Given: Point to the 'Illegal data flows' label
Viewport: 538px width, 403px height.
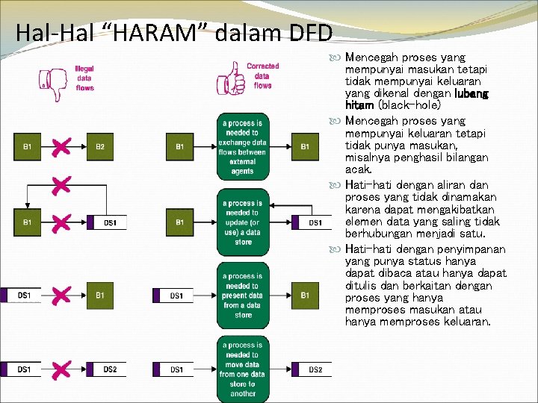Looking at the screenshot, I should pos(84,78).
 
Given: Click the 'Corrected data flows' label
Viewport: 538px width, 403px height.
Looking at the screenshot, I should pos(262,75).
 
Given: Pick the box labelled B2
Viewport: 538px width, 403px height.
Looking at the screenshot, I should pos(100,147).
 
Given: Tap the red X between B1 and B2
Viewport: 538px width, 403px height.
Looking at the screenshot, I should pos(63,147).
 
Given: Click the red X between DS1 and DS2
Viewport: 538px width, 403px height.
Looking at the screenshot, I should pos(63,369).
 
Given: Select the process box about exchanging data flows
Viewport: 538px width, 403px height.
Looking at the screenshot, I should pos(243,147).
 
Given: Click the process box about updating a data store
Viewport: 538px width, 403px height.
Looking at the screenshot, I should pos(243,222).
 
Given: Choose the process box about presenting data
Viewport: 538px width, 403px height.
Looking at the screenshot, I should pos(243,296).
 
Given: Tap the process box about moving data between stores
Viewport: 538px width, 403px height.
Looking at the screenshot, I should pos(243,369).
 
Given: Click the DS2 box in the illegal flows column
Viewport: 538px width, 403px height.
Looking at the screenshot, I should pos(109,369).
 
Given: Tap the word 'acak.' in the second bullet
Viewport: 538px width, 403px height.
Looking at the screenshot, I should pos(359,169).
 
